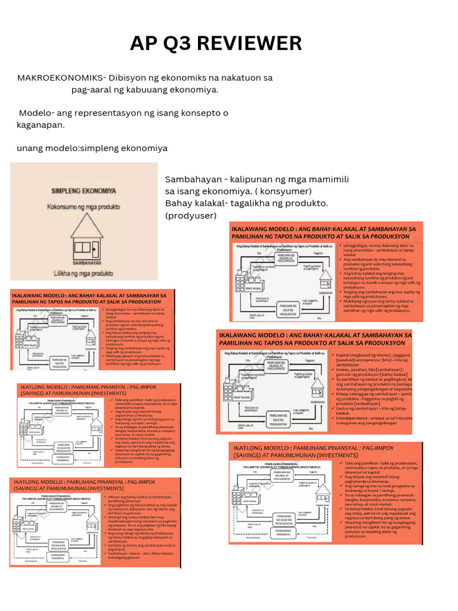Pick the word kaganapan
pos(40,125)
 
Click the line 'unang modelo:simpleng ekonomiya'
pos(92,148)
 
